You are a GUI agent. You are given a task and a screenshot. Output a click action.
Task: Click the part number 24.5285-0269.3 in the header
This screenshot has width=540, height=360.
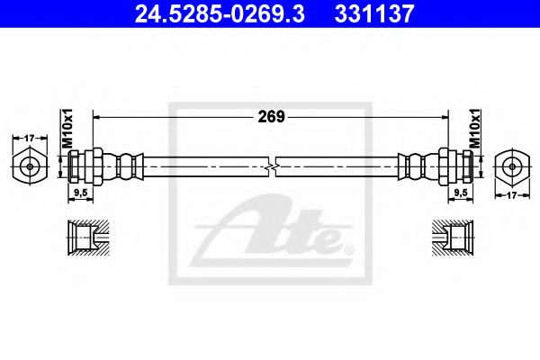(220, 13)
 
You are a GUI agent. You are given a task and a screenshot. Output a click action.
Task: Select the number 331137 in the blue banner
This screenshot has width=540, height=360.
(373, 13)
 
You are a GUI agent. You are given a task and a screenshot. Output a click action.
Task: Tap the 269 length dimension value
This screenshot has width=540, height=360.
(271, 117)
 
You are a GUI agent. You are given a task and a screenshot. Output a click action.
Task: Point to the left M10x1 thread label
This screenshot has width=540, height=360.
(67, 129)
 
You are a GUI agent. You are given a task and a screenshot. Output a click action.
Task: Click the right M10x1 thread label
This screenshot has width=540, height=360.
(475, 129)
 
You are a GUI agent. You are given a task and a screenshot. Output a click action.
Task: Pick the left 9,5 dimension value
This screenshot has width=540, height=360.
(81, 193)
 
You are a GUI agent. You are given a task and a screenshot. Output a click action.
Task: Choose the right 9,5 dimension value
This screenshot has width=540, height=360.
(461, 193)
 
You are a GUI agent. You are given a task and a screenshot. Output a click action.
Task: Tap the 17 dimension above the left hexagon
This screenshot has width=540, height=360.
(30, 138)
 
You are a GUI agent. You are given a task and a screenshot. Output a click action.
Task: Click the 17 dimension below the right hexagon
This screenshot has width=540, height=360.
(512, 195)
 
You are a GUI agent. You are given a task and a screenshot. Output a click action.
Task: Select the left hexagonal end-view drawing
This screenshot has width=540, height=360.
(30, 166)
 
